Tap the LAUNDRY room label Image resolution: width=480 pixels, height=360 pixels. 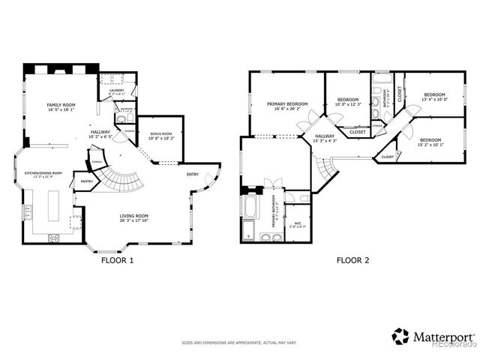point(116,91)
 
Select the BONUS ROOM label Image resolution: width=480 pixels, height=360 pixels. point(160,135)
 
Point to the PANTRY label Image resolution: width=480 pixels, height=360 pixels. point(87,181)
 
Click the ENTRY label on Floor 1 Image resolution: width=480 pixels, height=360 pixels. point(193,175)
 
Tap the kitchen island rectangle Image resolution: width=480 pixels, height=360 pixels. point(55,205)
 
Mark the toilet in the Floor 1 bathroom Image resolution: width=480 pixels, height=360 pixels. point(121,119)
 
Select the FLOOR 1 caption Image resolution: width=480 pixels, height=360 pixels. point(117,261)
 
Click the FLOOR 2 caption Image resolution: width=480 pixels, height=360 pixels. point(352,261)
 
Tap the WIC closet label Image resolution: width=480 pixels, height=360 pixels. point(297,223)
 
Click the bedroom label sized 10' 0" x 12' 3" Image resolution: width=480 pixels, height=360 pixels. point(348,100)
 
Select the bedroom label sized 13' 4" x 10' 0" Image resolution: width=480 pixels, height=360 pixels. point(434,95)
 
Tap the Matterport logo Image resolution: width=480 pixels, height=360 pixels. point(433,337)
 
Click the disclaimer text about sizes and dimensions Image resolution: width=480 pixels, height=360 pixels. point(239,343)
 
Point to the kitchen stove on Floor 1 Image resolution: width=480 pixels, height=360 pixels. point(54,238)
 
